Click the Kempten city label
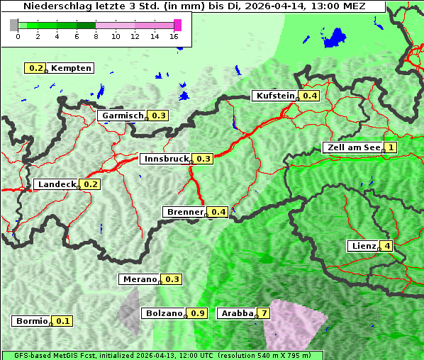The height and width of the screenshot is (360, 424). (70, 68)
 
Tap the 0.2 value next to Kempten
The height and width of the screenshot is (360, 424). (35, 68)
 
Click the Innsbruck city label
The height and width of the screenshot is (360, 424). (165, 159)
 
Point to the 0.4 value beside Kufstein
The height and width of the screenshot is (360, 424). (309, 96)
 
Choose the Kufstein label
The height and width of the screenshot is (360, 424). (274, 96)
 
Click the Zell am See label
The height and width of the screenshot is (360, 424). (352, 147)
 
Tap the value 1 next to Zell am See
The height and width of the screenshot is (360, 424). (390, 147)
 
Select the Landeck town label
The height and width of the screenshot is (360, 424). (56, 184)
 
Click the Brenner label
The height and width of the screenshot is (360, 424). (184, 212)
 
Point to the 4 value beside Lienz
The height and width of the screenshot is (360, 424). (387, 246)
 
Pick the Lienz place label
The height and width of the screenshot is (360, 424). (362, 246)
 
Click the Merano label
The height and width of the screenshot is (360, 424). (139, 279)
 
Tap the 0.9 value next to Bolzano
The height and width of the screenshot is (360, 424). (198, 313)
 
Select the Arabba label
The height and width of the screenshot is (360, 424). (236, 313)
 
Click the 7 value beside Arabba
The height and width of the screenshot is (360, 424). (264, 313)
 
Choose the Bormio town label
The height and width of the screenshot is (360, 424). (31, 321)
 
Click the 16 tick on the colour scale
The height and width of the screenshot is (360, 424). (174, 36)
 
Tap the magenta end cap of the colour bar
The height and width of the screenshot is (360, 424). (177, 25)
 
